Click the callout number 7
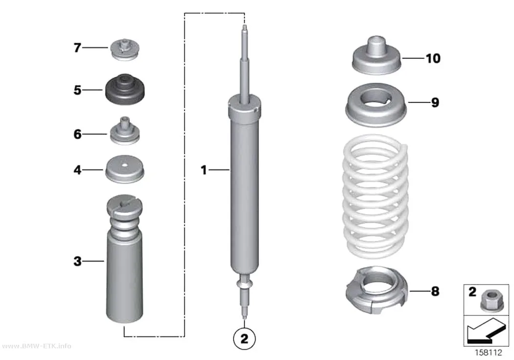pos(77,48)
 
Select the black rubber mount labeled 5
pos(124,89)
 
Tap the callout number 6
pos(77,134)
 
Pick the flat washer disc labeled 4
pos(124,169)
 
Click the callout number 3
pos(77,262)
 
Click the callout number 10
pos(433,58)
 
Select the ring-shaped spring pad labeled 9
pos(376,105)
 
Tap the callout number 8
pos(435,291)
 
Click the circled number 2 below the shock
pos(244,338)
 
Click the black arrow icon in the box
pos(486,332)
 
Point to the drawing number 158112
pos(489,353)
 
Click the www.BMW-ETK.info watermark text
pos(37,346)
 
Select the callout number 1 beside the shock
pos(204,170)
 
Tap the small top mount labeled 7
pos(124,49)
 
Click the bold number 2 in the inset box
pos(472,292)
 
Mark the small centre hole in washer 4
pos(124,165)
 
